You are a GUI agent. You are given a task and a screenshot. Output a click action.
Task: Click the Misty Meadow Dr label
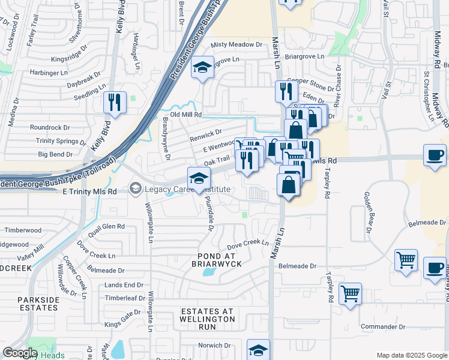[238, 45]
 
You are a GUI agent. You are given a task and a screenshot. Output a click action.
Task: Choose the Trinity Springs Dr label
[61, 141]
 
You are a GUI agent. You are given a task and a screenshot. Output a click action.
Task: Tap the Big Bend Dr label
[55, 154]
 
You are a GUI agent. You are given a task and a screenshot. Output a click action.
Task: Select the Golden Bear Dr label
[367, 213]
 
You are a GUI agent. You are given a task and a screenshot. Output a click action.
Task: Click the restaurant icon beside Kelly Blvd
[114, 103]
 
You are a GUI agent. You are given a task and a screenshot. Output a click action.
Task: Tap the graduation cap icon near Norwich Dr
[258, 349]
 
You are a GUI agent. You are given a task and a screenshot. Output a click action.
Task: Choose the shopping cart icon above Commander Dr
[350, 294]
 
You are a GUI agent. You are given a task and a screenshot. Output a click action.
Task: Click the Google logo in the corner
[20, 353]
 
